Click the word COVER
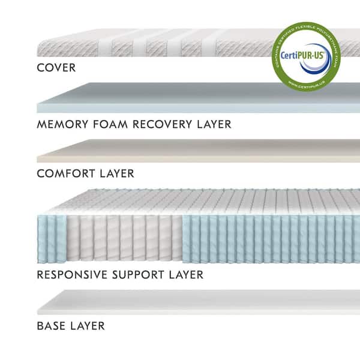click(56, 67)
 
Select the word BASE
click(51, 326)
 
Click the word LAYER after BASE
click(87, 326)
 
